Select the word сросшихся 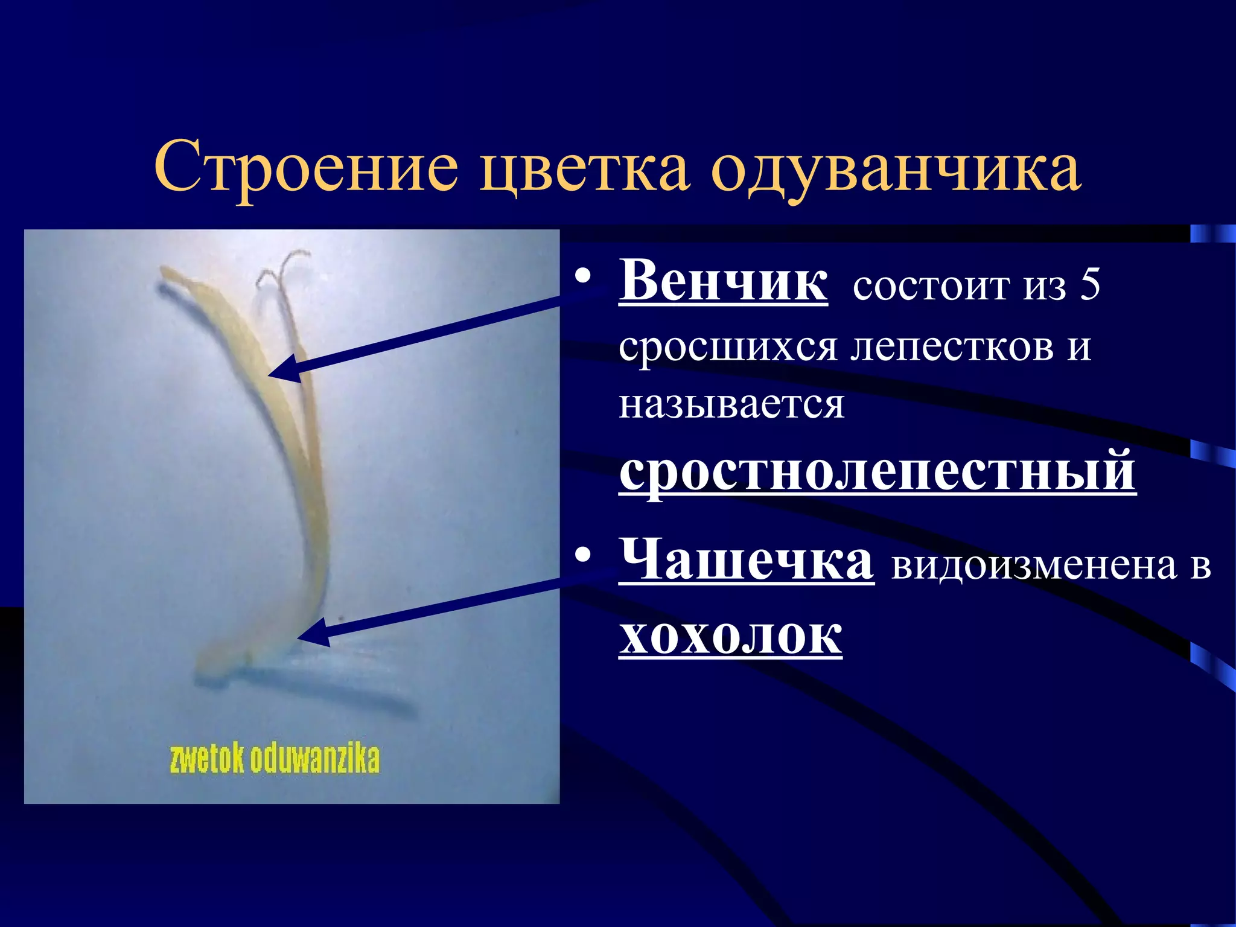(728, 346)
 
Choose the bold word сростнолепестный (878, 471)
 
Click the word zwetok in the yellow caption (206, 759)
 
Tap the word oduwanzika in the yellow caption (314, 759)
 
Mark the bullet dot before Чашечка (582, 556)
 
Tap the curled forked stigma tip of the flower (284, 266)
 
